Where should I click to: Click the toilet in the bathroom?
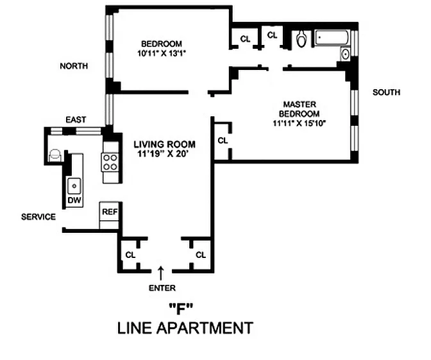point(301,39)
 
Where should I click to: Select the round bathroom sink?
point(345,54)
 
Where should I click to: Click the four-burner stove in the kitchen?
point(110,162)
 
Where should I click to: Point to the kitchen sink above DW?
point(74,186)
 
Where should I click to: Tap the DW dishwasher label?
point(74,200)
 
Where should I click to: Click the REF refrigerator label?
point(110,212)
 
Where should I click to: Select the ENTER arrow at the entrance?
point(162,273)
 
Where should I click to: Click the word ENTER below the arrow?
point(162,288)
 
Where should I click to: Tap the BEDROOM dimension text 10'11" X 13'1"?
point(162,53)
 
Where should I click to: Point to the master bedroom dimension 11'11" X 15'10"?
point(299,123)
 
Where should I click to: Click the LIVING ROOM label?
point(164,144)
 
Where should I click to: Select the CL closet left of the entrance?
point(131,255)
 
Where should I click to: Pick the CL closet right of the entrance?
point(201,255)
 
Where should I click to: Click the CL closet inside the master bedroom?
point(223,141)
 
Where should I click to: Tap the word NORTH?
point(74,66)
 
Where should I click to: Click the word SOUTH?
point(386,92)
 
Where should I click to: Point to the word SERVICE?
point(38,217)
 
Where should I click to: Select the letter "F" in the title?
point(180,309)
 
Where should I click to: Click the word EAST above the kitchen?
point(76,119)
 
